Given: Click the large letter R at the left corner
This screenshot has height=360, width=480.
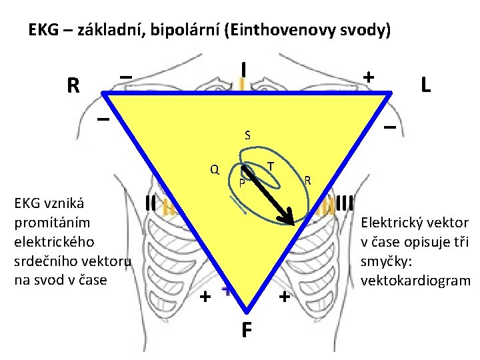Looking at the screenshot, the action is pyautogui.click(x=73, y=85).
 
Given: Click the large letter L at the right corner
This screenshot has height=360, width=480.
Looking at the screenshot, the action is pyautogui.click(x=424, y=83).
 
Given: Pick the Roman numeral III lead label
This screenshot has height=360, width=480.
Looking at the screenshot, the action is pyautogui.click(x=345, y=201).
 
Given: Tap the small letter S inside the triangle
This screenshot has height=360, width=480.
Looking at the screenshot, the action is pyautogui.click(x=247, y=135).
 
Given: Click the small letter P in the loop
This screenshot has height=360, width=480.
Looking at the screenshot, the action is pyautogui.click(x=243, y=182).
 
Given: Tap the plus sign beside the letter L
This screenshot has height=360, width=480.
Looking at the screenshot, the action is pyautogui.click(x=367, y=77).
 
